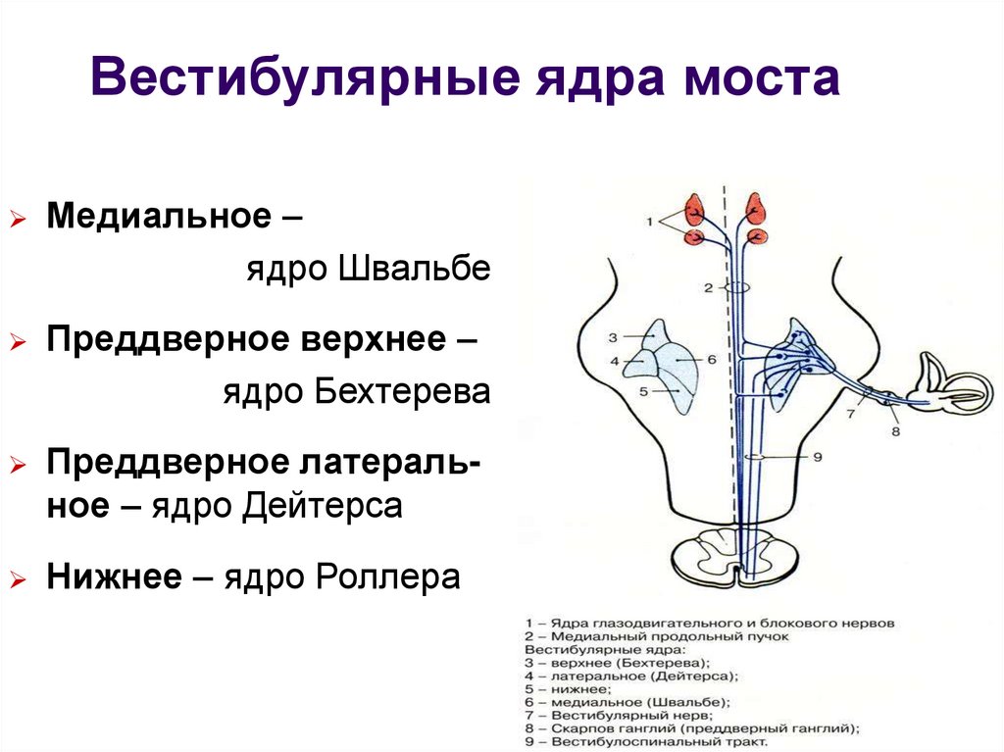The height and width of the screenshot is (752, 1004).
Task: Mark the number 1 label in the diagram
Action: coord(649,223)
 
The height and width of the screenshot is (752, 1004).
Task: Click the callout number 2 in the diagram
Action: coord(707,288)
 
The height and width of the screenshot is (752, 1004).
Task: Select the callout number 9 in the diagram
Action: coord(817,457)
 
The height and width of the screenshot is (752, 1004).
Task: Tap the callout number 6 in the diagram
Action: coord(712,360)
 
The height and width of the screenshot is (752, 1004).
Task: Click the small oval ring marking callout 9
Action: coord(757,457)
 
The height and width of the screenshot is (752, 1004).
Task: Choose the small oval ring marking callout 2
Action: coord(737,287)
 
